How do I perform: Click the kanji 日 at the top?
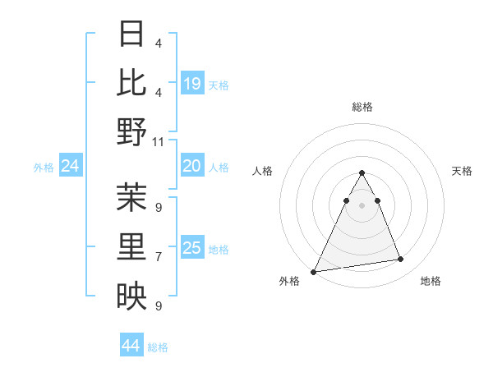coord(131,34)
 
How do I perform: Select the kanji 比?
coord(131,83)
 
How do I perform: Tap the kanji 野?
coord(131,131)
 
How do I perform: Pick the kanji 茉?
coord(131,198)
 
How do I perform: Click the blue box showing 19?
coord(192,83)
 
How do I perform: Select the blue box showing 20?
coord(192,167)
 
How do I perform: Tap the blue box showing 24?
coord(71,167)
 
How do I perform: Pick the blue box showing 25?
coord(192,249)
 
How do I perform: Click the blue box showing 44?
coord(131,347)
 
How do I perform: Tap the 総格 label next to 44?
coord(159,347)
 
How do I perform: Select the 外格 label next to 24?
coord(44,168)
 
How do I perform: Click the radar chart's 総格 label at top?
coord(362,107)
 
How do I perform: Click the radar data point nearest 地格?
coord(401,260)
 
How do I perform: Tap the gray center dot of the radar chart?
coord(362,205)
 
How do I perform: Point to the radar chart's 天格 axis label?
coord(463,171)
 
